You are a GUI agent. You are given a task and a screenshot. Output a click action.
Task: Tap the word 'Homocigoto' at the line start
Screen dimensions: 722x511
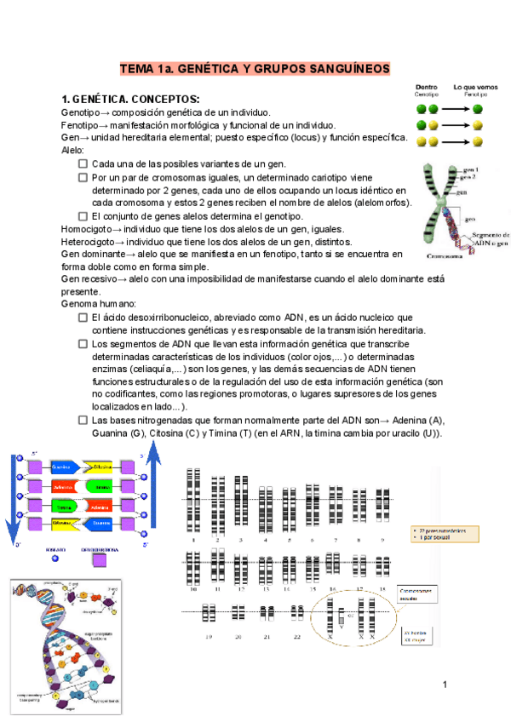pyautogui.click(x=85, y=229)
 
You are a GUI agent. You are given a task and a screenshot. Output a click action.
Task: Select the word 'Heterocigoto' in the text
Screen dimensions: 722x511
pyautogui.click(x=87, y=242)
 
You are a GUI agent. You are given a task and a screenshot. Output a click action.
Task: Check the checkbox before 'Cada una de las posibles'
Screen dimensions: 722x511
pyautogui.click(x=83, y=164)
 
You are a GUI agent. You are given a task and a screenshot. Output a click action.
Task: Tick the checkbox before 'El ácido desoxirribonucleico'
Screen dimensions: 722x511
pyautogui.click(x=83, y=318)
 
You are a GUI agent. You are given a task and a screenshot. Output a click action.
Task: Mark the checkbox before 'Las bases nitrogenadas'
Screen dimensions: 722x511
pyautogui.click(x=83, y=421)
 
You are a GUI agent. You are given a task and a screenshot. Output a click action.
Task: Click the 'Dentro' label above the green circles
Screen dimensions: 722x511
pyautogui.click(x=427, y=87)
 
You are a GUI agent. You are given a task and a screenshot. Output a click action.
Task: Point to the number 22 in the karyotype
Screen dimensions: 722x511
pyautogui.click(x=297, y=635)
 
